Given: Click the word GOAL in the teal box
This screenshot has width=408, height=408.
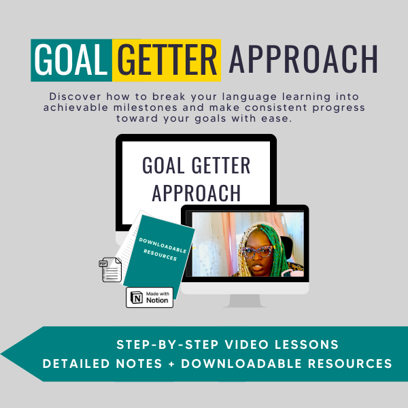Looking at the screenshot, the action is click(71, 59).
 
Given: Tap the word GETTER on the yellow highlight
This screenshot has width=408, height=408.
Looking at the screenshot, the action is click(167, 59).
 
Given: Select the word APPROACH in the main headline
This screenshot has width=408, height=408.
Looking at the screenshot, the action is click(303, 58).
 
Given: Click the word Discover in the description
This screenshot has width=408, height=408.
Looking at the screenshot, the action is click(75, 97).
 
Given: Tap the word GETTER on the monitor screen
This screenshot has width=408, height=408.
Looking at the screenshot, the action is click(221, 165).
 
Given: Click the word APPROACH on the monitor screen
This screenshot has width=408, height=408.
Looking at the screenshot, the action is click(197, 192).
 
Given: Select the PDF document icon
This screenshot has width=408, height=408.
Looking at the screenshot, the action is click(110, 269).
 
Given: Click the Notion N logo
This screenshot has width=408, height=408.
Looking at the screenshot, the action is click(137, 297).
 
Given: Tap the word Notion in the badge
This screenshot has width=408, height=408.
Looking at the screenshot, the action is click(157, 301).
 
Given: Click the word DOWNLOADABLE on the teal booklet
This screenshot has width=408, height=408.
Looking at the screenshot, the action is click(163, 245).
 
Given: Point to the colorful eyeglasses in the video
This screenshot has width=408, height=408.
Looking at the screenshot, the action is click(257, 252).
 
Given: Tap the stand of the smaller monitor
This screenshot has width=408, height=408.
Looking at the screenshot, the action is click(245, 301).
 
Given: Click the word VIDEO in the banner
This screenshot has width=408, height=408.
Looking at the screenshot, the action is click(247, 345).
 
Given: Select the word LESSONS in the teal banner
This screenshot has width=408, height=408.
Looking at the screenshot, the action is click(307, 345).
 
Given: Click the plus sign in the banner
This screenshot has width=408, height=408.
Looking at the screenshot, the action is click(171, 364).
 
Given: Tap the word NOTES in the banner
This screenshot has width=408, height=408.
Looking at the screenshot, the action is click(139, 364).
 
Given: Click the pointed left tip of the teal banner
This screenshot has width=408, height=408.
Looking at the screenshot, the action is click(1, 354).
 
